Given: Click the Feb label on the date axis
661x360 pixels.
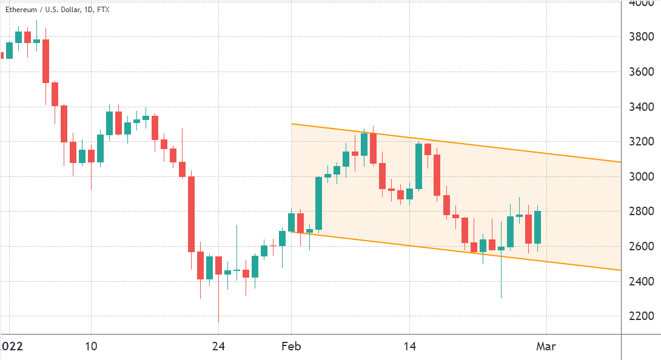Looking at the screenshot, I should click(292, 347).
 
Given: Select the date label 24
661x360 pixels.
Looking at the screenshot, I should click(218, 347).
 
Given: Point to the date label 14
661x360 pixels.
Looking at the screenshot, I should click(409, 347).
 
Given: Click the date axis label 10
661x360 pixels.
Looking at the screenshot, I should click(91, 347).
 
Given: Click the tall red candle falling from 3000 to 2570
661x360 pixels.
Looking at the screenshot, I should click(191, 214).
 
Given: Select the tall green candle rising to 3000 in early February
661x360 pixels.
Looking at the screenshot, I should click(318, 203).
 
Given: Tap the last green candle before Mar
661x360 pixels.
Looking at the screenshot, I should click(537, 227).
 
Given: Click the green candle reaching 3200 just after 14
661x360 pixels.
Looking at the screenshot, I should click(419, 166).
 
